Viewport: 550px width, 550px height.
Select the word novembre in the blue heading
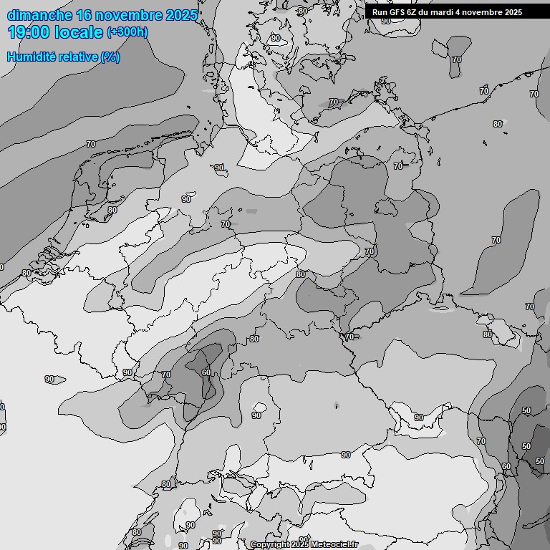[x=130, y=15]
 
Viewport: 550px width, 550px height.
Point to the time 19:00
[x=28, y=32]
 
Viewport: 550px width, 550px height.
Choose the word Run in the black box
[x=380, y=12]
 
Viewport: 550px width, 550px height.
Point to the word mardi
[x=451, y=12]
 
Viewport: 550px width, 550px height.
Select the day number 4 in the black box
[x=468, y=12]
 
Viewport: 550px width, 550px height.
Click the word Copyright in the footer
[x=270, y=545]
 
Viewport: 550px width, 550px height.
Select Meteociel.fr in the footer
[x=334, y=545]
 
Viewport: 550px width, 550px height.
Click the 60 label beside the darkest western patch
[x=206, y=372]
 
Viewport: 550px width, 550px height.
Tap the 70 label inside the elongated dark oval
[x=496, y=240]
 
